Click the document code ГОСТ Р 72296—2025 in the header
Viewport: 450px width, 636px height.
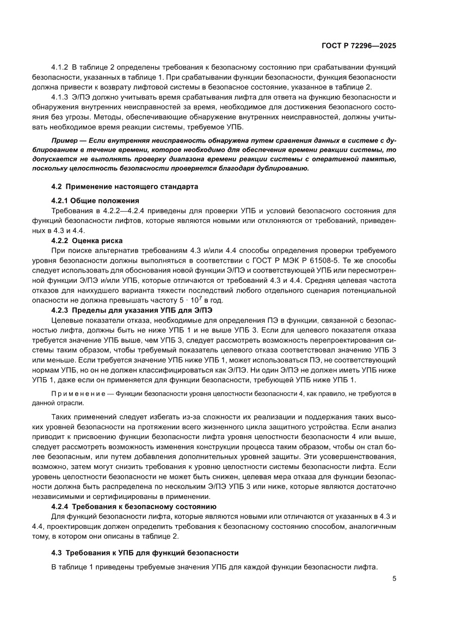click(357, 46)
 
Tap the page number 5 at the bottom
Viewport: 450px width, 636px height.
click(394, 579)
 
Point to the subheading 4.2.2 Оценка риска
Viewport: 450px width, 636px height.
click(87, 240)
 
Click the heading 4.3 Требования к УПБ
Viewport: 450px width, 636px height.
click(145, 552)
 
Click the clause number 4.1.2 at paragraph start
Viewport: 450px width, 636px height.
click(60, 67)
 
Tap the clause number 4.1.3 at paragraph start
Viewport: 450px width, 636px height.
click(60, 97)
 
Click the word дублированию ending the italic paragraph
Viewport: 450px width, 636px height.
click(282, 168)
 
